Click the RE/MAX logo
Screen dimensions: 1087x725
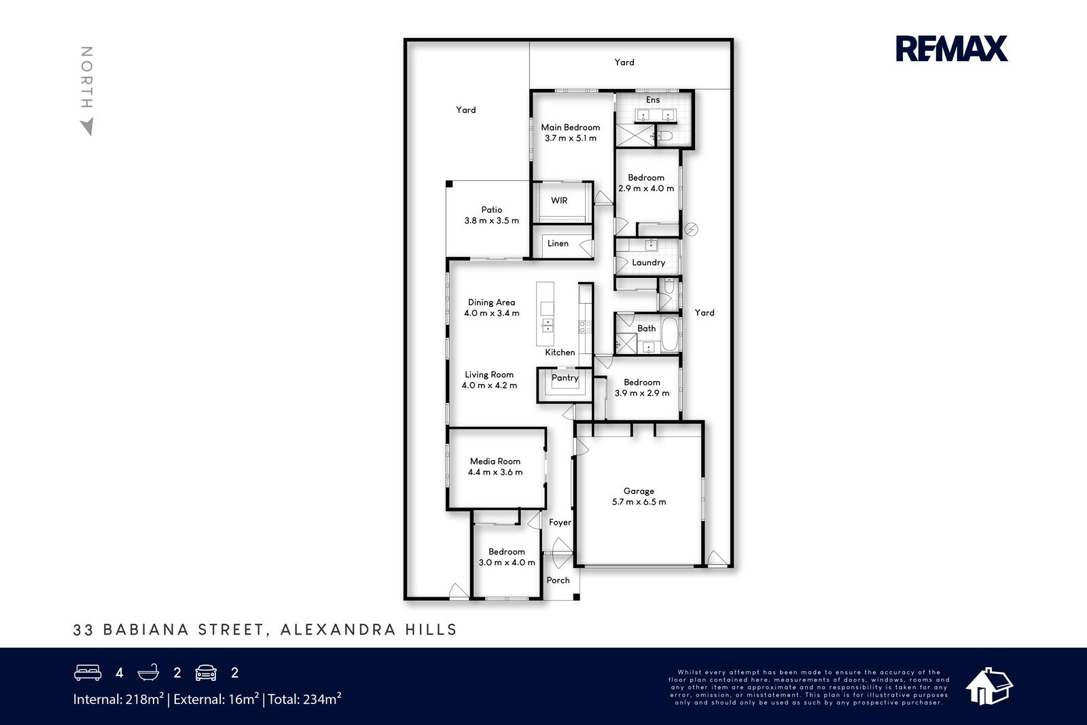(952, 48)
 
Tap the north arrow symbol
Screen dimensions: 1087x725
(88, 126)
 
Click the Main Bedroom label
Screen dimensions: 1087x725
(571, 127)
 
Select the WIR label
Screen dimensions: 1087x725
(559, 200)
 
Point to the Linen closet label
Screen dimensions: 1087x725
(558, 243)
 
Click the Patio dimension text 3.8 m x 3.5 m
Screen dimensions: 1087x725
(492, 220)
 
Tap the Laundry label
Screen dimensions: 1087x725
(648, 262)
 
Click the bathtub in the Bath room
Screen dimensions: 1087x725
(670, 334)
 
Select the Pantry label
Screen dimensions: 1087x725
(565, 378)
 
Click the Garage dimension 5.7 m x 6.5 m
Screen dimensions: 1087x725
(639, 501)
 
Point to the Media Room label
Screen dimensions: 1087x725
(495, 461)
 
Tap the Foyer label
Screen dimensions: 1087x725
(560, 522)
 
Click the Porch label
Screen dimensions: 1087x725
(558, 580)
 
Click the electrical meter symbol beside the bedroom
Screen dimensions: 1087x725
(691, 229)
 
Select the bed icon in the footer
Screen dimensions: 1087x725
(88, 673)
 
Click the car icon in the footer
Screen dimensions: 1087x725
(206, 673)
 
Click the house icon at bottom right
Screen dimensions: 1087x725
(989, 686)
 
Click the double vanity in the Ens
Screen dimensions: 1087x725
(656, 115)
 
